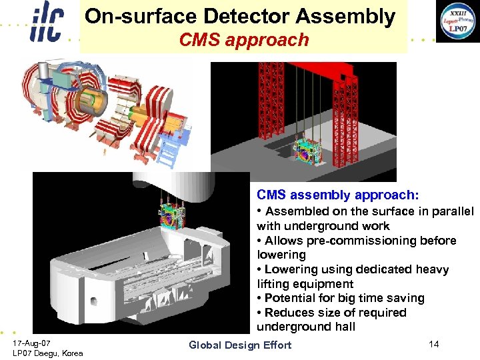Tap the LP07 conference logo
tap(457, 22)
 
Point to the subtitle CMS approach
tap(244, 40)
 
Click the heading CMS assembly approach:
tap(338, 195)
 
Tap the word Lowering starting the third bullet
tap(290, 269)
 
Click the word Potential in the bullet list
tap(291, 298)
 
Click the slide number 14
tap(434, 344)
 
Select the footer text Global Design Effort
tap(240, 345)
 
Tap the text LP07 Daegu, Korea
tap(48, 353)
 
